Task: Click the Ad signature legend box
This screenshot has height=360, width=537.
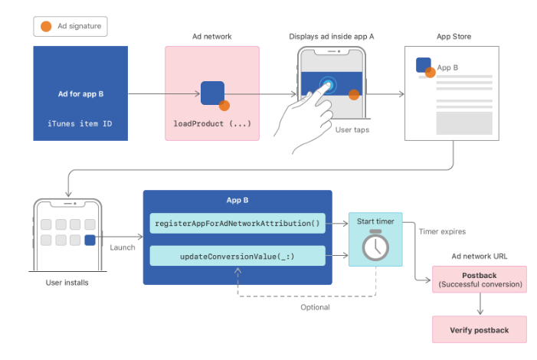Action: (x=70, y=27)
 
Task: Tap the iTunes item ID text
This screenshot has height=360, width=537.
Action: (x=80, y=123)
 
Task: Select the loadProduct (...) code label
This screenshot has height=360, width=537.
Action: (x=212, y=123)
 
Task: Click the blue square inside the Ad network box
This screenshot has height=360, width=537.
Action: (x=212, y=93)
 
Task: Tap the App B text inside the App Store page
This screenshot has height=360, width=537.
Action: (x=447, y=67)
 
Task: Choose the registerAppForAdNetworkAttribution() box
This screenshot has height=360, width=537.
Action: (x=237, y=223)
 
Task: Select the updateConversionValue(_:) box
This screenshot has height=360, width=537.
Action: (x=237, y=256)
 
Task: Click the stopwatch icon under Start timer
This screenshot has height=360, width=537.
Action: (x=375, y=246)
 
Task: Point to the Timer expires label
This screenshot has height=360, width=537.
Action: (x=443, y=231)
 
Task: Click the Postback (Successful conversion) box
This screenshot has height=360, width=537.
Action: (x=480, y=280)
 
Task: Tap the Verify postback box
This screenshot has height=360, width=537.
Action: (x=480, y=329)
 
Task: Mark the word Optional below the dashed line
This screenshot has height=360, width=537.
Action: (x=314, y=307)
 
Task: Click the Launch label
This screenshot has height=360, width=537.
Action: (x=122, y=247)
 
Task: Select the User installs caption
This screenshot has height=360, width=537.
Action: (x=67, y=283)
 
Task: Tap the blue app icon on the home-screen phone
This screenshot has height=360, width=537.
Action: (x=90, y=240)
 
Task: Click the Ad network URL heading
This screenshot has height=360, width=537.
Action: (x=480, y=255)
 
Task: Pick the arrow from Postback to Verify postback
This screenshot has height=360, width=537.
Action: (x=480, y=304)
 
